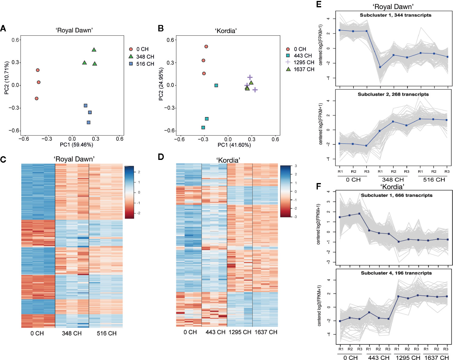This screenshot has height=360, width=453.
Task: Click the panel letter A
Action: tap(3, 28)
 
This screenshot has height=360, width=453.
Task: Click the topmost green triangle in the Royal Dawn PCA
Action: tap(94, 50)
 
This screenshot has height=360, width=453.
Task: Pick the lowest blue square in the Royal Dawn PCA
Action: tap(89, 122)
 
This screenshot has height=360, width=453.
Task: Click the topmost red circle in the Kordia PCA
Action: tap(206, 47)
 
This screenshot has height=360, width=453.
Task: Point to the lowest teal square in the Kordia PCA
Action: tap(203, 128)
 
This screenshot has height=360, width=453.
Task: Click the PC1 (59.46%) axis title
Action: tap(76, 145)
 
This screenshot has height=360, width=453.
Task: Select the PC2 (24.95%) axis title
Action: tap(161, 84)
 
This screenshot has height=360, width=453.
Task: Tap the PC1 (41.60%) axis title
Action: tap(234, 145)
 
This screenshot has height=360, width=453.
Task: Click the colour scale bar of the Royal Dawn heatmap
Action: tap(129, 192)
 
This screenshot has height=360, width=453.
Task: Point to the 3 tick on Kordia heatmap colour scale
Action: tap(296, 166)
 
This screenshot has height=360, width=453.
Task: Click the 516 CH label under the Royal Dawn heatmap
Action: tap(107, 334)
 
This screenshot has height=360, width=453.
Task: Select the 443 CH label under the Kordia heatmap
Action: tap(215, 332)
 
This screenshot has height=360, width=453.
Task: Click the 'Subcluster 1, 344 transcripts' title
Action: tap(395, 15)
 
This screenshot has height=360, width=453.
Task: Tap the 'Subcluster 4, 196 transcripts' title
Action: tap(396, 273)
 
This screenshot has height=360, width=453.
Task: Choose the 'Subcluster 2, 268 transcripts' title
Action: tap(393, 94)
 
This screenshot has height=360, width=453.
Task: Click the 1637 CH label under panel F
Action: tap(437, 358)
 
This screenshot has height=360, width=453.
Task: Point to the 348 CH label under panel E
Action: tap(393, 180)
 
